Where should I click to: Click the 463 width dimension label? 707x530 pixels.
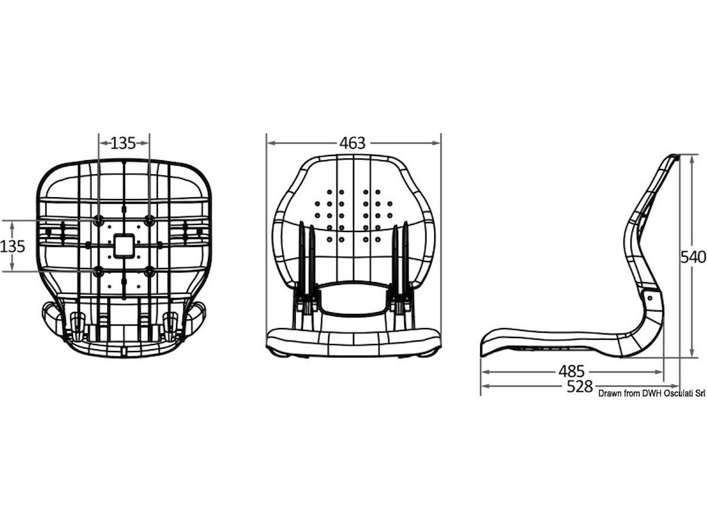tap(352, 143)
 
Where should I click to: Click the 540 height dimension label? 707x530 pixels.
tap(693, 257)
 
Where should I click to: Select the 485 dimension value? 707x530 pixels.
tap(571, 372)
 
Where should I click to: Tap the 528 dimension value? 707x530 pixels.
tap(580, 386)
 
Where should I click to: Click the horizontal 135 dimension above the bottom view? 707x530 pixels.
tap(123, 143)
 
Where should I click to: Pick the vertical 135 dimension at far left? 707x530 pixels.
tap(12, 247)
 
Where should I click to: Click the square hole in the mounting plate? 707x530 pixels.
tap(124, 246)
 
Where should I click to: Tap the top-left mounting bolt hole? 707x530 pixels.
tap(98, 220)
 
